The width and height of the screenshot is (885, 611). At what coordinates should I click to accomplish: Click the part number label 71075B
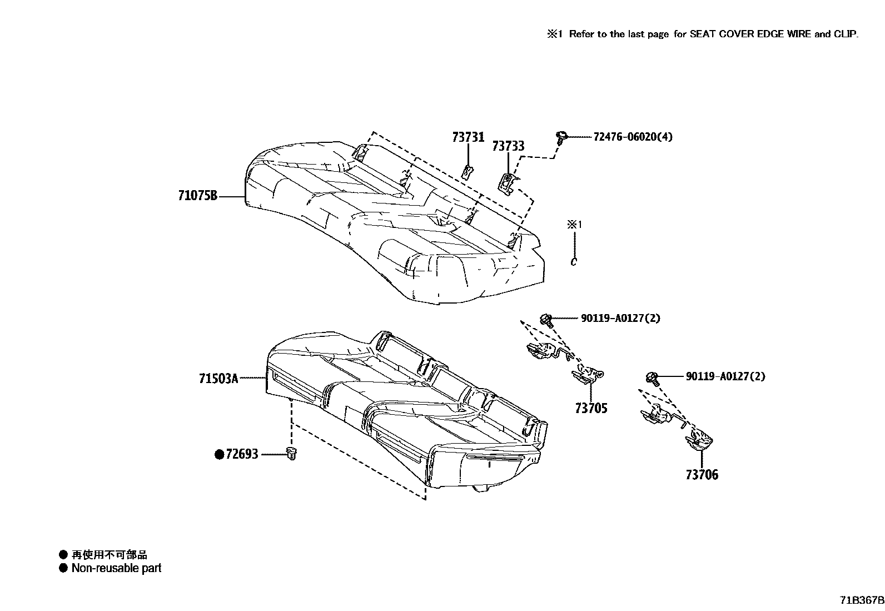coord(197,196)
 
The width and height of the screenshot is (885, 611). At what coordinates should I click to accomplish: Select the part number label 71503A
coord(218,379)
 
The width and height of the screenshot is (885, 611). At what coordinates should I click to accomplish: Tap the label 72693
coord(242,455)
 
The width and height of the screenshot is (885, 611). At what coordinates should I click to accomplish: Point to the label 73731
coord(468,137)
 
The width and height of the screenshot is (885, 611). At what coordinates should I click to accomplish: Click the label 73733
coord(508,146)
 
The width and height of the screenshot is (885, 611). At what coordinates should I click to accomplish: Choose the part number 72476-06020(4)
coord(633,137)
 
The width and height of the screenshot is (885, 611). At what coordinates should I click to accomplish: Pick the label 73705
coord(591,409)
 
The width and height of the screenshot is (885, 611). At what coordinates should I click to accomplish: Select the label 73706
coord(702,475)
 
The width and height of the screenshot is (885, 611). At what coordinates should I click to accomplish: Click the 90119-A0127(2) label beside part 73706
coord(725,376)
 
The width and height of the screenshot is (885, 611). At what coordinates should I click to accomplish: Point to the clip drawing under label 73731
coord(468,172)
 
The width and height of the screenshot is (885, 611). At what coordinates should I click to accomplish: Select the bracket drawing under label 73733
coord(508,183)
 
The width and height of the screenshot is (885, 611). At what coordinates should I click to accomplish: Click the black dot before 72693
coord(219,455)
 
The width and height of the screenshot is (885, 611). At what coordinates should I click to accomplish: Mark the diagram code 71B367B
coord(861,600)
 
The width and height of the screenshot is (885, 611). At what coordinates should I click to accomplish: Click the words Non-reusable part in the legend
coord(116,568)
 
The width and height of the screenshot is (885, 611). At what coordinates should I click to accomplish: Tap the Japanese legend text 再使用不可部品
coord(110,555)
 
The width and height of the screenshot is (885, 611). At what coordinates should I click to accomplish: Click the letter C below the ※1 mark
coord(574,261)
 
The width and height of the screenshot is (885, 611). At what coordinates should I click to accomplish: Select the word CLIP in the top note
coord(846,34)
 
